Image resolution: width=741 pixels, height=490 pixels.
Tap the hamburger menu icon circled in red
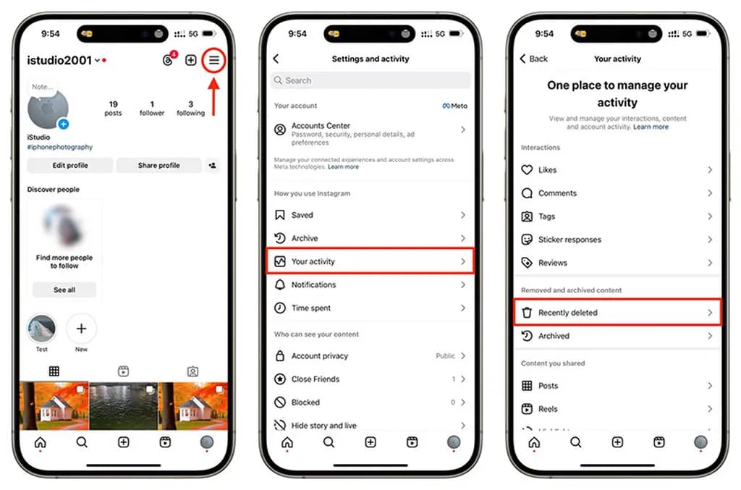tap(214, 61)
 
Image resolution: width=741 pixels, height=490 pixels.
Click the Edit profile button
tap(70, 166)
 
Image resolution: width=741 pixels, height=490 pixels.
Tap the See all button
tap(64, 290)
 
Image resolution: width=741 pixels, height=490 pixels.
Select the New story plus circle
tap(81, 329)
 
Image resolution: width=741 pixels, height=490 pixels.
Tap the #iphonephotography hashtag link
tap(60, 147)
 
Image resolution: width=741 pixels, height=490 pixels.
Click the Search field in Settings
tap(370, 81)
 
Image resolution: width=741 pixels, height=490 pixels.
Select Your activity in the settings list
tap(370, 261)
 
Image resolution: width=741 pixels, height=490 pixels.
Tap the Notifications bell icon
tap(280, 285)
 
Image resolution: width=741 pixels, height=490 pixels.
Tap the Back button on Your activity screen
tap(534, 59)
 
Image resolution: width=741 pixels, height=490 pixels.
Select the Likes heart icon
tap(527, 170)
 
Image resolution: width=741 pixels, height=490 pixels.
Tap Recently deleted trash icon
tap(527, 313)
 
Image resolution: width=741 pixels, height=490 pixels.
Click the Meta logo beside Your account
tap(455, 106)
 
